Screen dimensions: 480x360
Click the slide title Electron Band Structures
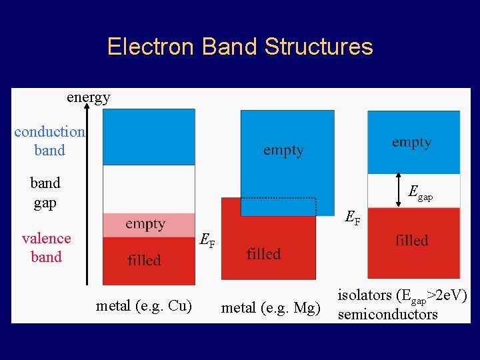pyautogui.click(x=240, y=47)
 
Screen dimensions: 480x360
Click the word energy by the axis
pyautogui.click(x=88, y=97)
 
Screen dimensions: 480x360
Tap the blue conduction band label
pyautogui.click(x=49, y=141)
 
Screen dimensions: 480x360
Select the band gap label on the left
pyautogui.click(x=45, y=193)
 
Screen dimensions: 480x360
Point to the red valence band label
pyautogui.click(x=46, y=247)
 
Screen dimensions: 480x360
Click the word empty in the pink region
pyautogui.click(x=145, y=224)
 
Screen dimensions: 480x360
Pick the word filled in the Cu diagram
pyautogui.click(x=144, y=260)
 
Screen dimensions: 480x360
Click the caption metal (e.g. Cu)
pyautogui.click(x=144, y=306)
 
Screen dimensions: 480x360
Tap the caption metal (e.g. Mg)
pyautogui.click(x=271, y=308)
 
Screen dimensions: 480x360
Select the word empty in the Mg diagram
pyautogui.click(x=283, y=151)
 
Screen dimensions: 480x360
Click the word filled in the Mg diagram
pyautogui.click(x=263, y=254)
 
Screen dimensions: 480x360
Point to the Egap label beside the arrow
pyautogui.click(x=420, y=193)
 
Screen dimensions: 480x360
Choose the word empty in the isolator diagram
pyautogui.click(x=411, y=142)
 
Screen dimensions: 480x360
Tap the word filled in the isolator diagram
pyautogui.click(x=411, y=240)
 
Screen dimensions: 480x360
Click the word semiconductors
pyautogui.click(x=388, y=315)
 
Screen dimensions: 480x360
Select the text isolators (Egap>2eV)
pyautogui.click(x=402, y=295)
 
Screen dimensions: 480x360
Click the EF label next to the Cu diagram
pyautogui.click(x=207, y=241)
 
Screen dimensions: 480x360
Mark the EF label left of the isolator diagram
pyautogui.click(x=352, y=217)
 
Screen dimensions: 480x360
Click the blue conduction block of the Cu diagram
pyautogui.click(x=149, y=137)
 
